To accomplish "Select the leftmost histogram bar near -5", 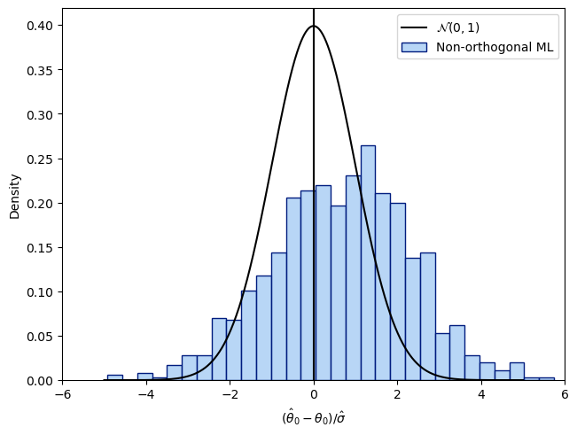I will coord(114,377).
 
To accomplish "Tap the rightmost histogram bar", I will coord(546,378).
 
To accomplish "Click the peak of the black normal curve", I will coord(314,27).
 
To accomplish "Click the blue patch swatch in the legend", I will coord(415,48).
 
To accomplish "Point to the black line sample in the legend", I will coord(415,27).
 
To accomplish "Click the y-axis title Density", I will coord(15,196).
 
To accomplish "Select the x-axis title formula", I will coord(314,416).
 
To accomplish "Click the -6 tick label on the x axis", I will coord(63,395).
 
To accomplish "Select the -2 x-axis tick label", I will coord(230,395).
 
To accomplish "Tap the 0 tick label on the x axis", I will coord(314,395).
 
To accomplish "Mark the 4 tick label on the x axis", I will coord(481,395).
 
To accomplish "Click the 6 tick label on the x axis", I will coord(565,395).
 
